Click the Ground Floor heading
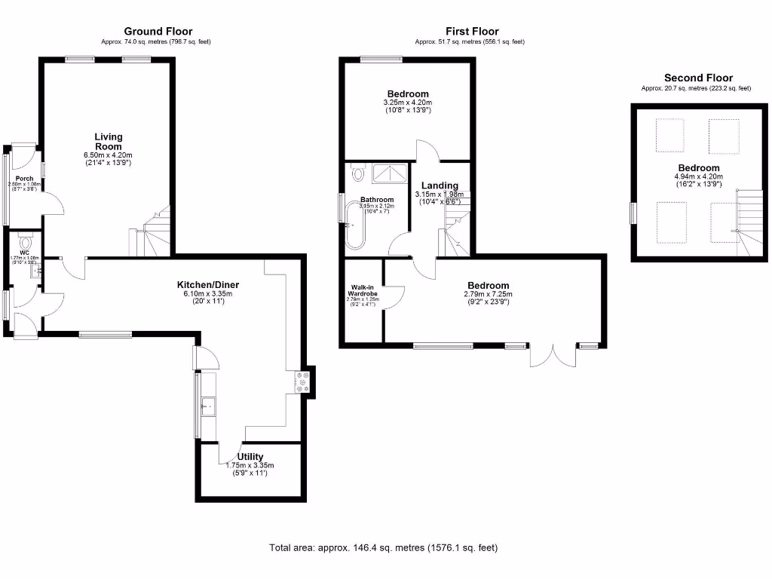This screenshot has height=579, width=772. pyautogui.click(x=158, y=32)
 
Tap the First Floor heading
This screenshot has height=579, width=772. pyautogui.click(x=472, y=32)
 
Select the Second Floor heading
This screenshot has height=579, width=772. pyautogui.click(x=698, y=78)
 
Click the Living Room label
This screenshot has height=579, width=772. pyautogui.click(x=108, y=141)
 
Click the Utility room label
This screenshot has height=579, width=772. pyautogui.click(x=250, y=457)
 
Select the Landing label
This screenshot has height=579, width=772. pyautogui.click(x=437, y=185)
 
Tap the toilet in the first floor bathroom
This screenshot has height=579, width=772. pyautogui.click(x=358, y=174)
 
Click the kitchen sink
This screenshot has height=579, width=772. pyautogui.click(x=208, y=408)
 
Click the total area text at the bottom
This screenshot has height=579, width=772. pyautogui.click(x=383, y=547)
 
